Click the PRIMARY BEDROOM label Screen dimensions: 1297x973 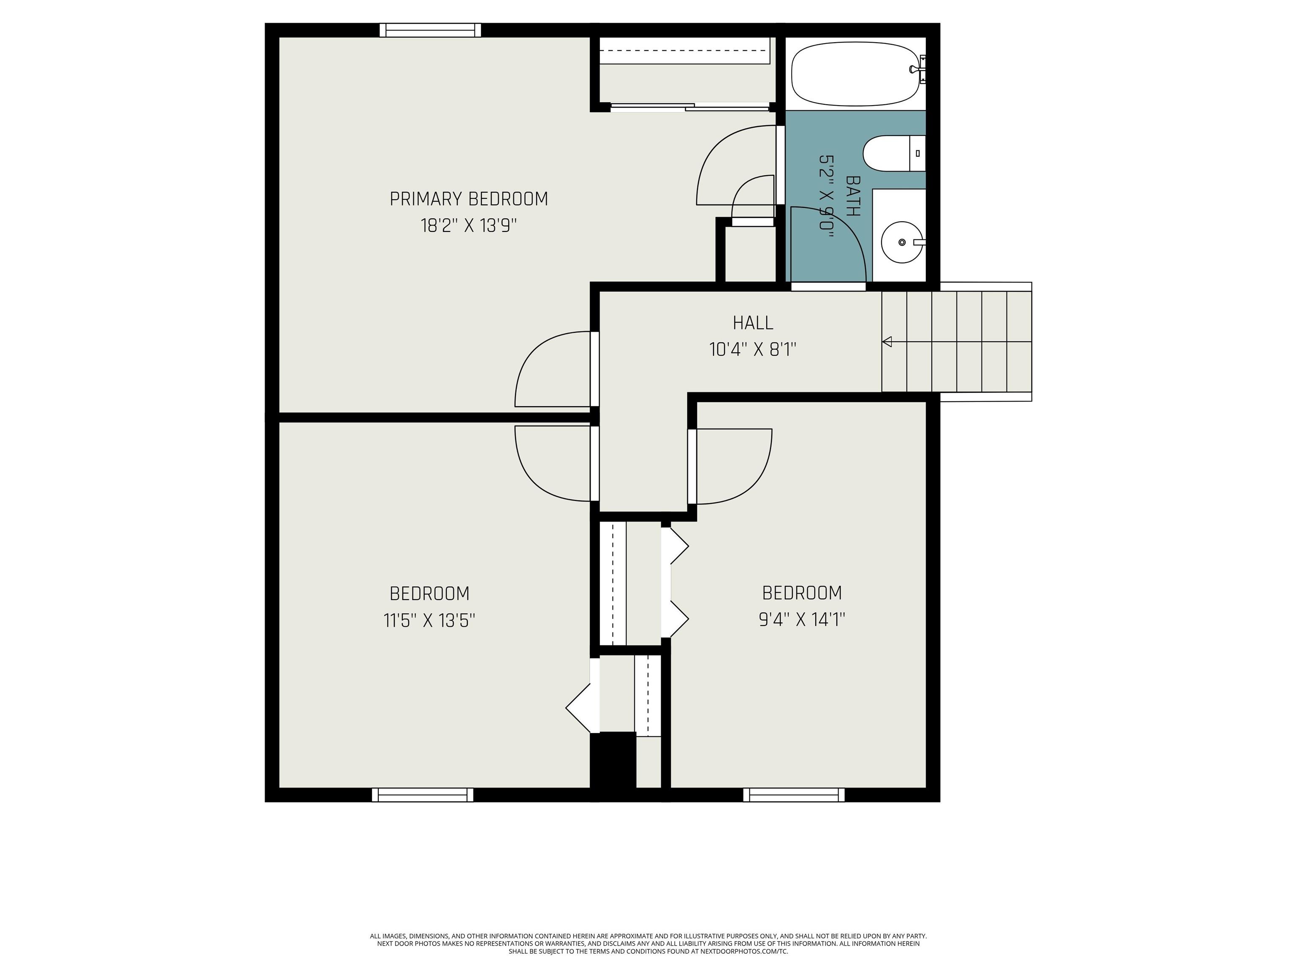click(469, 199)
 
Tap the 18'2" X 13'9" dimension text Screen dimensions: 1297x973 click(469, 226)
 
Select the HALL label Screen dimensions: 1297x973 click(753, 323)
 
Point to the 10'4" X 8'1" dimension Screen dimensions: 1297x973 click(753, 350)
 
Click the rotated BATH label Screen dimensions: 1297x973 click(853, 196)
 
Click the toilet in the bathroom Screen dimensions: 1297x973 click(894, 154)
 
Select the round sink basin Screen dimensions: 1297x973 click(901, 242)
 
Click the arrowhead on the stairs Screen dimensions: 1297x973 click(887, 341)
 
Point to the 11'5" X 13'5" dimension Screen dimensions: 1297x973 click(429, 620)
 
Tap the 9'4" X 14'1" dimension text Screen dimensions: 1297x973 click(801, 620)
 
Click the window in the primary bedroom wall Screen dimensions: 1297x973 click(430, 30)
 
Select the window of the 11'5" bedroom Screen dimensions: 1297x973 click(422, 795)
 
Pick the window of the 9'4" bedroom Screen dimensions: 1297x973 click(794, 795)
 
